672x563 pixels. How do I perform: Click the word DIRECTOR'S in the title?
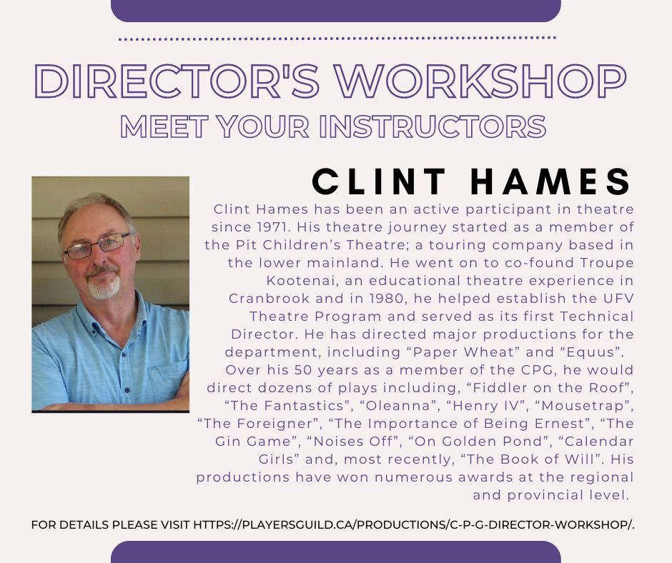[x=177, y=81]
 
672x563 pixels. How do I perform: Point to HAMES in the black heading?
[x=550, y=181]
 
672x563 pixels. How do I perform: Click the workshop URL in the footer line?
[x=414, y=524]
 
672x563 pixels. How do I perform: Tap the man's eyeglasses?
[x=98, y=246]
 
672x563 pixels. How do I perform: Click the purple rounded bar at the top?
[x=336, y=11]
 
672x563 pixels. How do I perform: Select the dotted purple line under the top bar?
[x=337, y=39]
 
